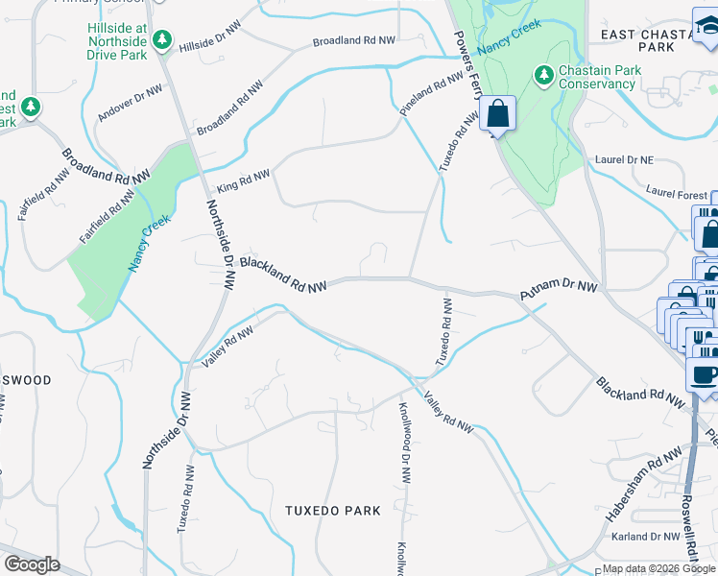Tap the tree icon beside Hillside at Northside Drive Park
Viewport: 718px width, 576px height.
pos(164,39)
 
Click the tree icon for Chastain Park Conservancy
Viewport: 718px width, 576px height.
pos(544,75)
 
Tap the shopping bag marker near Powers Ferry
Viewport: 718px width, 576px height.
pos(498,114)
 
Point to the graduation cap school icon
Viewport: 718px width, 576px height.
pos(706,24)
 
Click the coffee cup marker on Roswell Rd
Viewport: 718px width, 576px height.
pos(705,373)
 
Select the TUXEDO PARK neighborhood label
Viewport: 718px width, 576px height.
pos(333,511)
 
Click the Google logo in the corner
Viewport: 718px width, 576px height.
pos(32,564)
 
